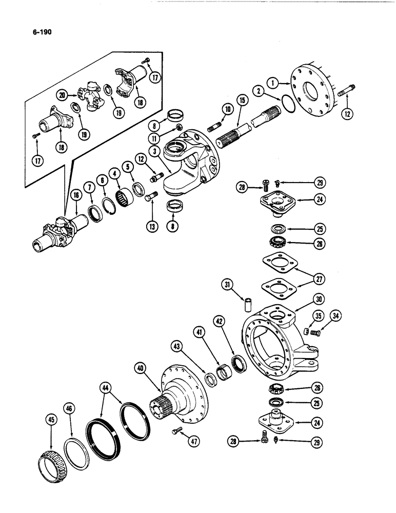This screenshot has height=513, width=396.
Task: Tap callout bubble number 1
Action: coord(273,82)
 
